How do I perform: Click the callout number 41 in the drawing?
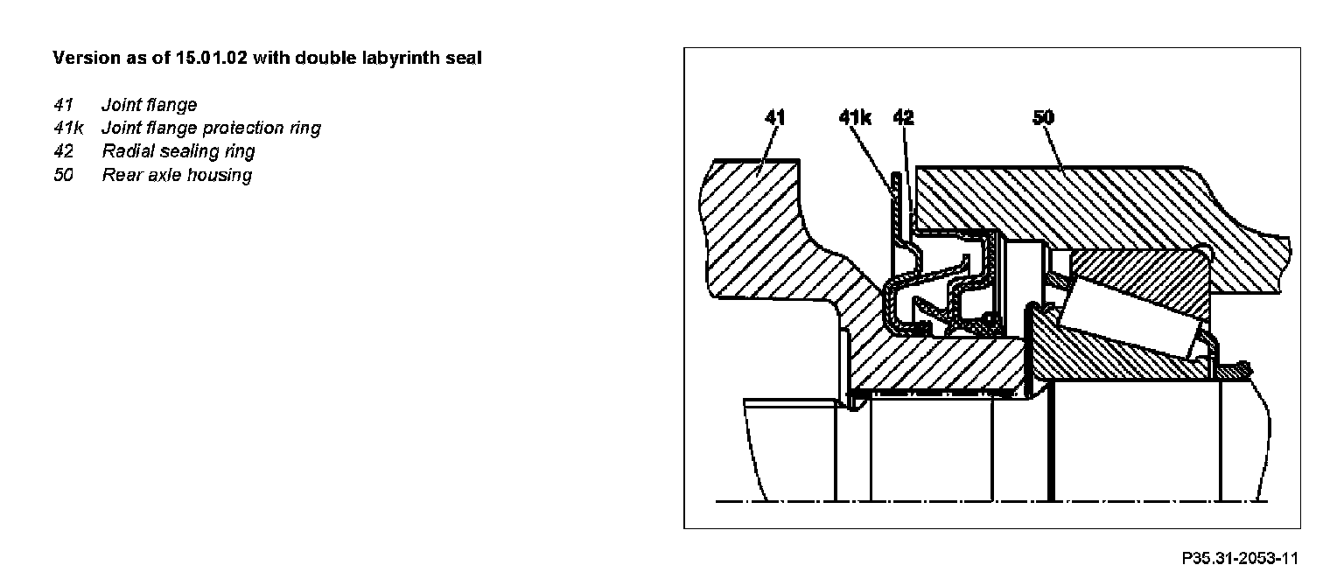tap(774, 118)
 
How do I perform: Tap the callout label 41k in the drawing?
tap(855, 118)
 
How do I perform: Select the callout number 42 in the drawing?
tap(903, 118)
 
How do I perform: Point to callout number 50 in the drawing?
tap(1042, 118)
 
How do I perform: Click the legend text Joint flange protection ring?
tap(211, 129)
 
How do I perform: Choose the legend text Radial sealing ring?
tap(178, 151)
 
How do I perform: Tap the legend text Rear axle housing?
tap(177, 175)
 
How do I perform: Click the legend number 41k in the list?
tap(68, 129)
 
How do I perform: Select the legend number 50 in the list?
tap(63, 175)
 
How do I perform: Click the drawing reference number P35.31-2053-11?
tap(1240, 558)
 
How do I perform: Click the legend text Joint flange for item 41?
tap(150, 106)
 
